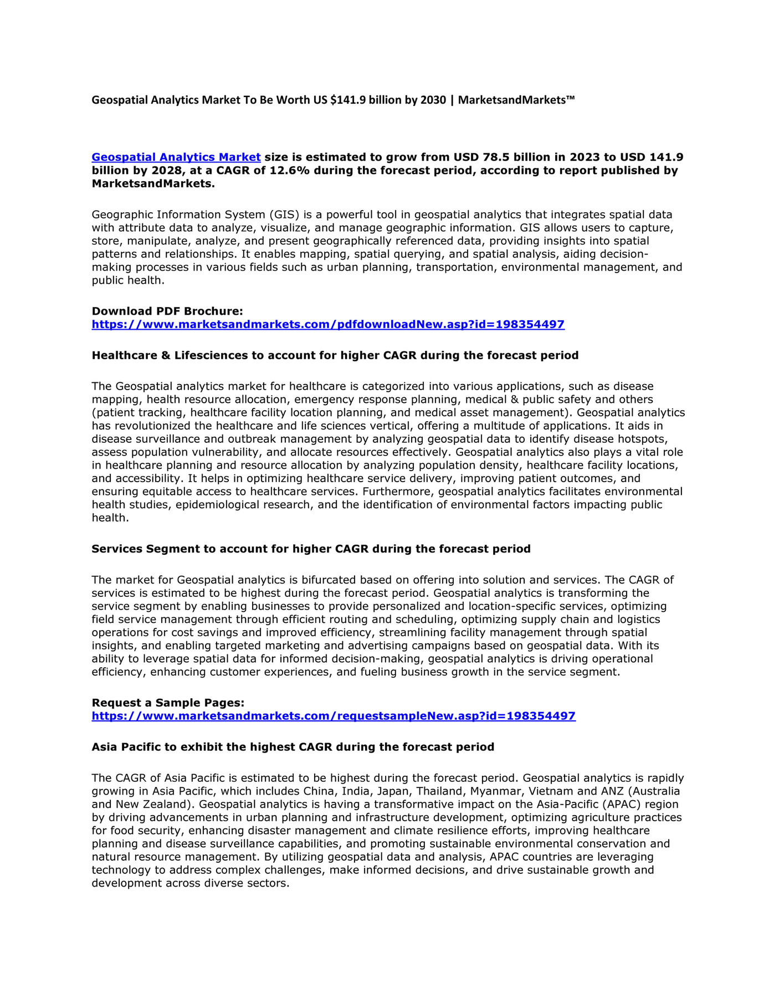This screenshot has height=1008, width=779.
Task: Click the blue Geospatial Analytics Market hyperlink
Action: [x=176, y=157]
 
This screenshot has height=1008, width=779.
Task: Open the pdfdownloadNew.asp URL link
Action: [x=328, y=325]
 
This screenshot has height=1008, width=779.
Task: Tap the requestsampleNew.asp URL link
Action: [x=334, y=716]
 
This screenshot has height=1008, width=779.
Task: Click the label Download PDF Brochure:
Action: [x=167, y=311]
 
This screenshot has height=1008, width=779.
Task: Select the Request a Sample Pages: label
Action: [x=168, y=703]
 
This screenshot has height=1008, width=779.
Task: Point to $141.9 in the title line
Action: [x=348, y=100]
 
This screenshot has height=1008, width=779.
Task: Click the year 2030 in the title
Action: [x=433, y=100]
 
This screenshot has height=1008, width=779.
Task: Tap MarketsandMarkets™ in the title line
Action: [x=516, y=100]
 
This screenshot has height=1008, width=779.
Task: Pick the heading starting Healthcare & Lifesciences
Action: [x=335, y=356]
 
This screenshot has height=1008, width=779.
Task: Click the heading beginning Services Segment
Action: [x=311, y=549]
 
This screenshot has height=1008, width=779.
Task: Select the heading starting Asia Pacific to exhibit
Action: [x=293, y=747]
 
